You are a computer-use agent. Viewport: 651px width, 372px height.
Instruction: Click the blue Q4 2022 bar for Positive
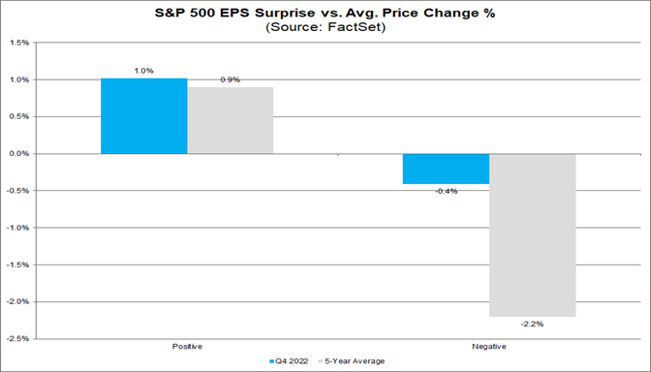point(144,116)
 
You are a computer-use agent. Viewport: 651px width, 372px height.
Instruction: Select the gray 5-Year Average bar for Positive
point(231,121)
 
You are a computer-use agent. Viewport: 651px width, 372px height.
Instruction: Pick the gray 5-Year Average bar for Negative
point(532,234)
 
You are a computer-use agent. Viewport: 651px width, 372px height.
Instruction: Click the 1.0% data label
point(144,71)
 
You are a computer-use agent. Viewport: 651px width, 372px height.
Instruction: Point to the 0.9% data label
point(231,78)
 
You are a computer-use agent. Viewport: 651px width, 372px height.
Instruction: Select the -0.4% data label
point(446,191)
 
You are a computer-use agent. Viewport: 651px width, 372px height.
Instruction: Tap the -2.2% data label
point(532,325)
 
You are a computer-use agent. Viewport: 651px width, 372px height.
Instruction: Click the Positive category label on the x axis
point(187,346)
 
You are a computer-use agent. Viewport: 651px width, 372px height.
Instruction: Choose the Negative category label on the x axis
point(489,346)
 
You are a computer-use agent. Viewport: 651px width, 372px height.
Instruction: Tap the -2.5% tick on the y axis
point(15,339)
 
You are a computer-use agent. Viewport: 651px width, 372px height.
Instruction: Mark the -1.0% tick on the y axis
point(15,228)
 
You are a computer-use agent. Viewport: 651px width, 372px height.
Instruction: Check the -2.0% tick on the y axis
point(15,302)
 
